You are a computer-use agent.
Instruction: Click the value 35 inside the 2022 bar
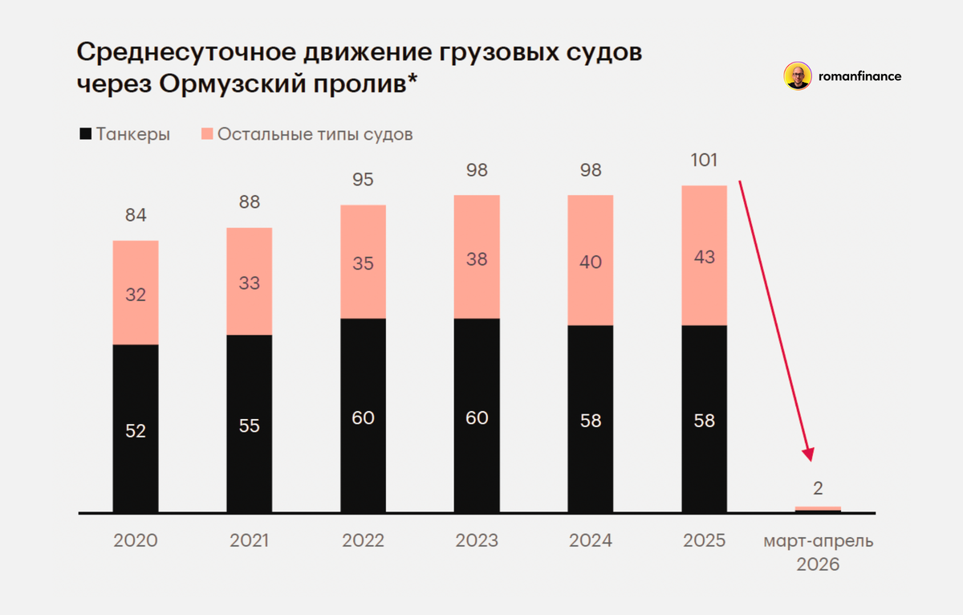(x=363, y=263)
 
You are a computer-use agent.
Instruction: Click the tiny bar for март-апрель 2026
(x=818, y=508)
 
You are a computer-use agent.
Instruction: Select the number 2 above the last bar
(x=818, y=487)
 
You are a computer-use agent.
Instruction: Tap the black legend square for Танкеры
(x=85, y=134)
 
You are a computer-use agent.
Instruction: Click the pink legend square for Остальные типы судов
(x=205, y=134)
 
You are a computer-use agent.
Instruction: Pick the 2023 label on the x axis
(x=477, y=541)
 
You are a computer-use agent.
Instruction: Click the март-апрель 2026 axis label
(x=818, y=552)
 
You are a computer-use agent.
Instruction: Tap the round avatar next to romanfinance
(x=797, y=76)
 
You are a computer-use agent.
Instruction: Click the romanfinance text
(x=859, y=76)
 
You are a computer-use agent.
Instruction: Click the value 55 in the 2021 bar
(x=249, y=426)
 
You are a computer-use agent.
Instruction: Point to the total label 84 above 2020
(x=135, y=215)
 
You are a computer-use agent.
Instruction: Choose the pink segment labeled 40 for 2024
(x=591, y=262)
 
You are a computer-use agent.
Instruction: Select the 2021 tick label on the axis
(x=249, y=541)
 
